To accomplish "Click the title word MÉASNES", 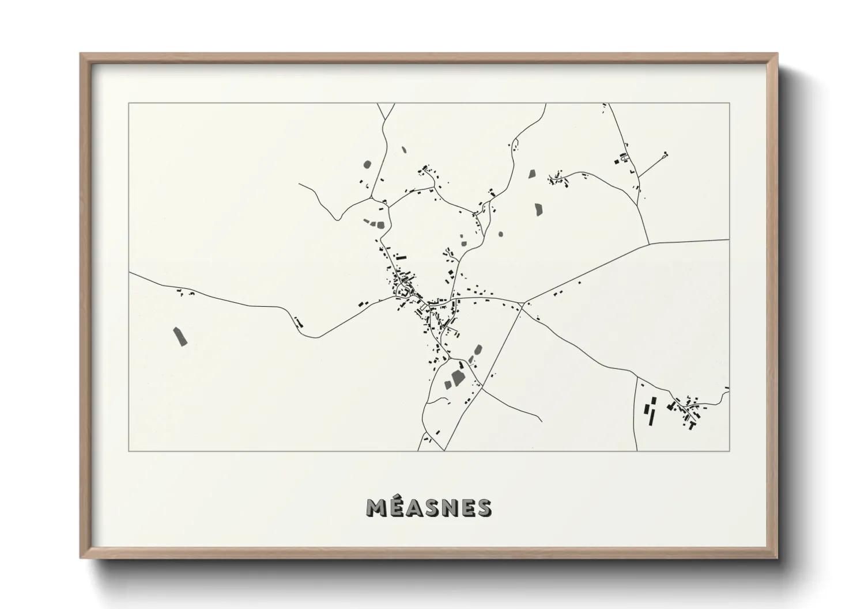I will [x=429, y=508].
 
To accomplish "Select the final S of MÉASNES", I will [x=484, y=508].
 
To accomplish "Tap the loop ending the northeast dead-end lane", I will [x=666, y=155].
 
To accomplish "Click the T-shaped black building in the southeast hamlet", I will [x=690, y=425].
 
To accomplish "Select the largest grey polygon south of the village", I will [x=458, y=378].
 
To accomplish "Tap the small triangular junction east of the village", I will [x=520, y=303].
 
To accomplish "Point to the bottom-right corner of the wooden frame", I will [x=776, y=557].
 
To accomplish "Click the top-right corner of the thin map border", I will [x=729, y=104].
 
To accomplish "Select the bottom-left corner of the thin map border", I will [x=129, y=451].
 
